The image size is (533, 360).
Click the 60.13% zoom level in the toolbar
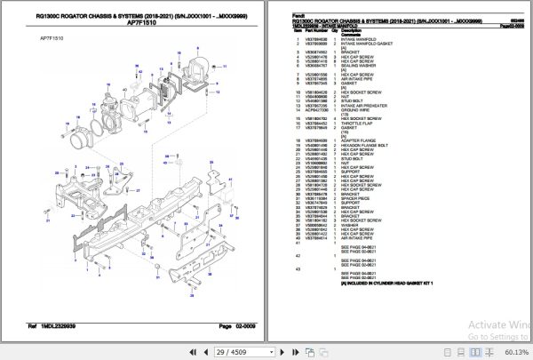point(511,353)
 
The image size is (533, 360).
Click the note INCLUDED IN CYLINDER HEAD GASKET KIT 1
point(391,284)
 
